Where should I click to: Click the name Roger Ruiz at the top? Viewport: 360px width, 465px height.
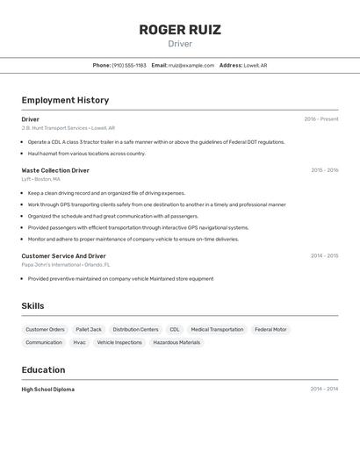180,29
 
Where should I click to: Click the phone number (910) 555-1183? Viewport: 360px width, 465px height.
129,65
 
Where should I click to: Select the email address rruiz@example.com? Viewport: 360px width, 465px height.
191,65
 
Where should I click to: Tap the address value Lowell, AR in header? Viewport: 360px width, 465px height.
256,65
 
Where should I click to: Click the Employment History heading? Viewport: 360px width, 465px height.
65,100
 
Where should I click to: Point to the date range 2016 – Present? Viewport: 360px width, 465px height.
320,119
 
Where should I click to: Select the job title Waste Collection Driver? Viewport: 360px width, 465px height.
55,170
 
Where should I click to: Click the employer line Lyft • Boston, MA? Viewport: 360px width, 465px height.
41,179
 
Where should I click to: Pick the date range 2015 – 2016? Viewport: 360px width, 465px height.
324,170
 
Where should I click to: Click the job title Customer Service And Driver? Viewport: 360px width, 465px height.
63,256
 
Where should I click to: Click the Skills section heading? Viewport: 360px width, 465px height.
32,306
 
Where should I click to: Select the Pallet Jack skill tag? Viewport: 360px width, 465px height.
89,330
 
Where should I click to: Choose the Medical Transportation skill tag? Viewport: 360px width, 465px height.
217,330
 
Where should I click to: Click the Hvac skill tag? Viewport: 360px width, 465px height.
79,343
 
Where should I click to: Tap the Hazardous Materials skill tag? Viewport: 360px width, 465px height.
176,343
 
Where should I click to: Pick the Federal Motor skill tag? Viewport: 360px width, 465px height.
270,330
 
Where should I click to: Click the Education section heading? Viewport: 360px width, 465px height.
43,370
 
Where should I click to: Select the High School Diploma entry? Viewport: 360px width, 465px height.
48,390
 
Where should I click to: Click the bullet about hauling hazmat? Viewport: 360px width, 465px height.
86,154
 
